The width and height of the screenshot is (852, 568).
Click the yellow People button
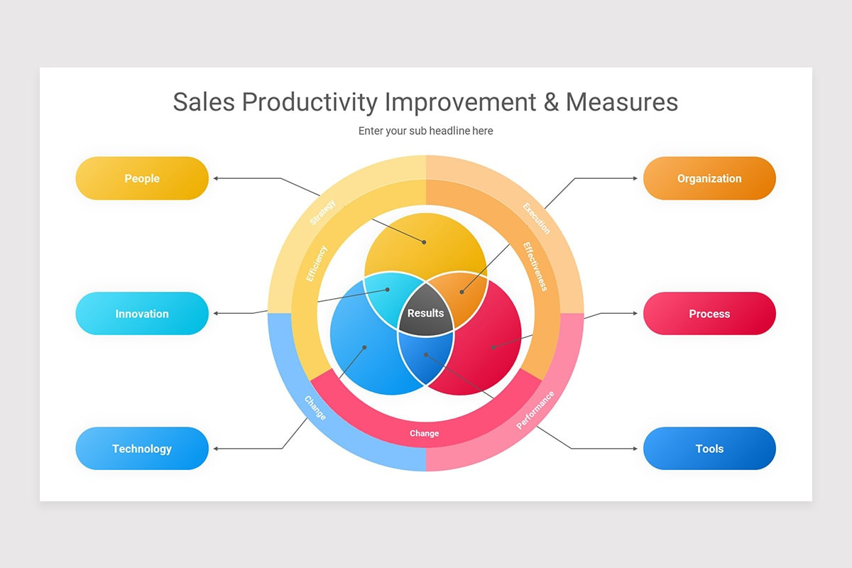click(x=142, y=178)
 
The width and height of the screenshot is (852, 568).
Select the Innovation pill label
click(x=142, y=313)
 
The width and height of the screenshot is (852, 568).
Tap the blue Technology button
click(x=142, y=448)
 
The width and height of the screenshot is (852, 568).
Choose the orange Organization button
click(x=709, y=178)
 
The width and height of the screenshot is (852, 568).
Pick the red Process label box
click(x=709, y=313)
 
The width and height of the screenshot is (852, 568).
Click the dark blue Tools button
click(x=709, y=448)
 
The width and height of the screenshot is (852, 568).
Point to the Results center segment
click(x=425, y=313)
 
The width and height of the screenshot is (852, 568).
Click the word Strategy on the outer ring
click(x=323, y=212)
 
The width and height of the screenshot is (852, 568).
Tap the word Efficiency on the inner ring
click(x=316, y=263)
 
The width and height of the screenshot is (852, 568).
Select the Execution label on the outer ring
click(x=536, y=218)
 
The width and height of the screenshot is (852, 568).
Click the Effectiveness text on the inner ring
click(x=535, y=266)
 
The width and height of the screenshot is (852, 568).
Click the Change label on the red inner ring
click(x=424, y=433)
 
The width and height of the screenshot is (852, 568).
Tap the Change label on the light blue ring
click(x=315, y=408)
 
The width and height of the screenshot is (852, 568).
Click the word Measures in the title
click(x=622, y=102)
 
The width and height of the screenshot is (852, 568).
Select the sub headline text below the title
click(x=425, y=131)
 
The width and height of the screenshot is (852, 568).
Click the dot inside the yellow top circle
click(x=424, y=242)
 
